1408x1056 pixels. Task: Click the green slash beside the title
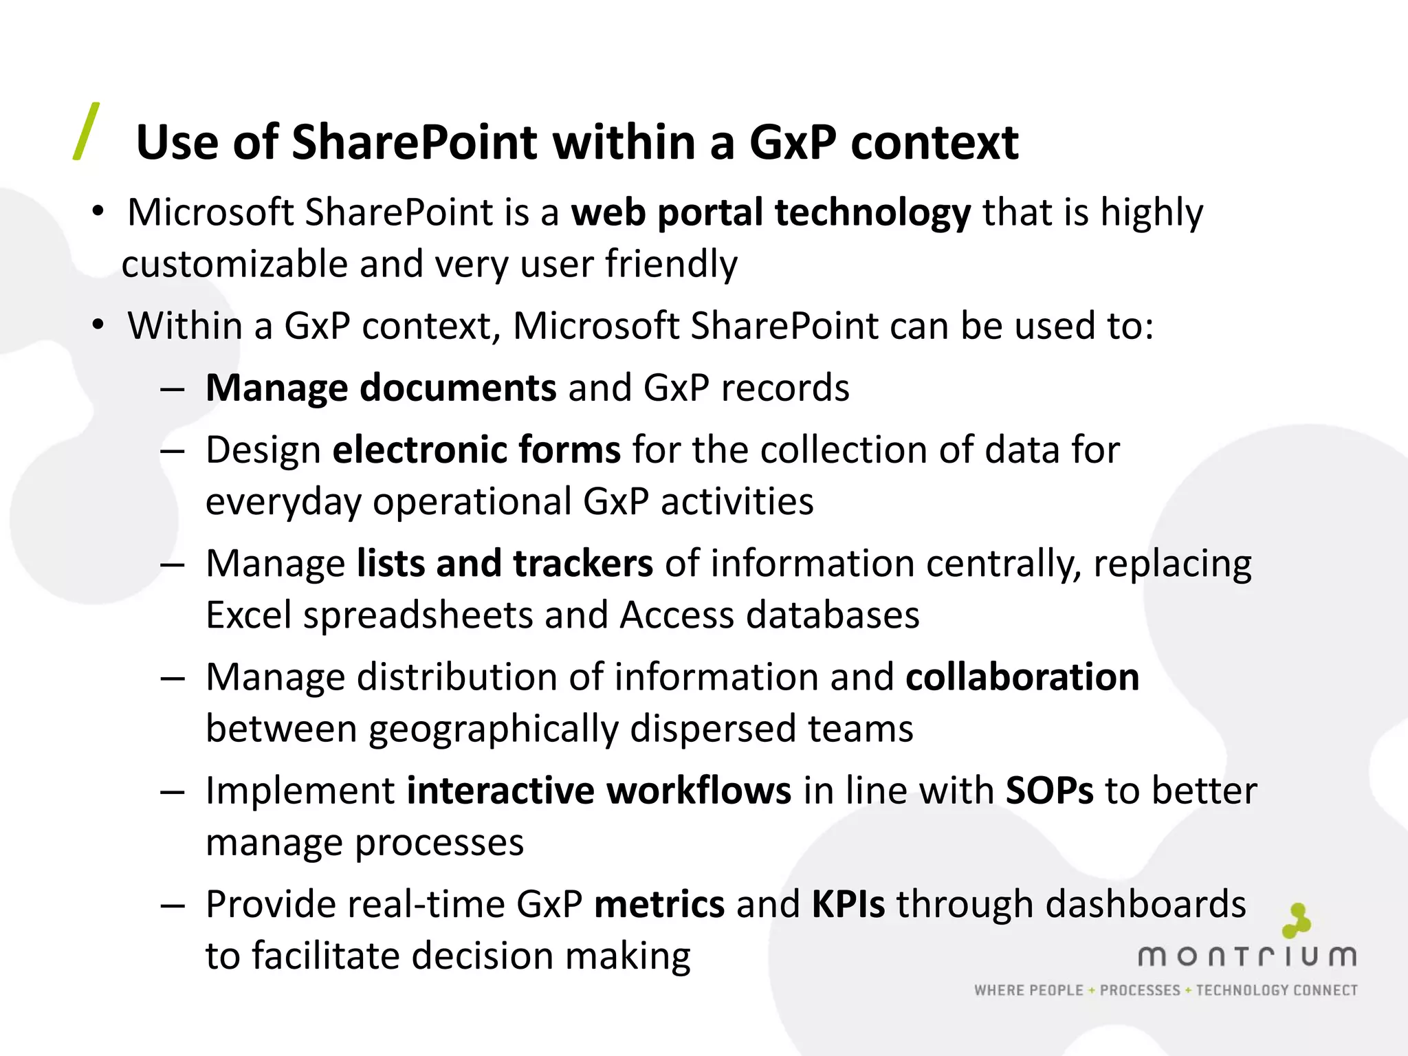87,131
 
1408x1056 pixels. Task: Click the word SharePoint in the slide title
415,143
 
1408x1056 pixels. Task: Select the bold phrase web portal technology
771,212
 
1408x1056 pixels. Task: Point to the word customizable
234,265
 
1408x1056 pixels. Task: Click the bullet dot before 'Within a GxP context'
98,325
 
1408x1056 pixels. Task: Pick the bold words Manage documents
380,388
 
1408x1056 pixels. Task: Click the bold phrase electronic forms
476,450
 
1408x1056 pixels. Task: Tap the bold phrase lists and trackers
505,564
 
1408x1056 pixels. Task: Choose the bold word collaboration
1022,677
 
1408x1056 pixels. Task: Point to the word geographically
493,729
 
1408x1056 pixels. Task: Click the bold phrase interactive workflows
599,791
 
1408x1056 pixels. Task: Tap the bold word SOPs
1049,791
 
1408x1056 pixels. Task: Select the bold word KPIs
848,904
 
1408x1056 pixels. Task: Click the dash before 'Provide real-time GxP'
173,905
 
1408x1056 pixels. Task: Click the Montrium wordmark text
1246,956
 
